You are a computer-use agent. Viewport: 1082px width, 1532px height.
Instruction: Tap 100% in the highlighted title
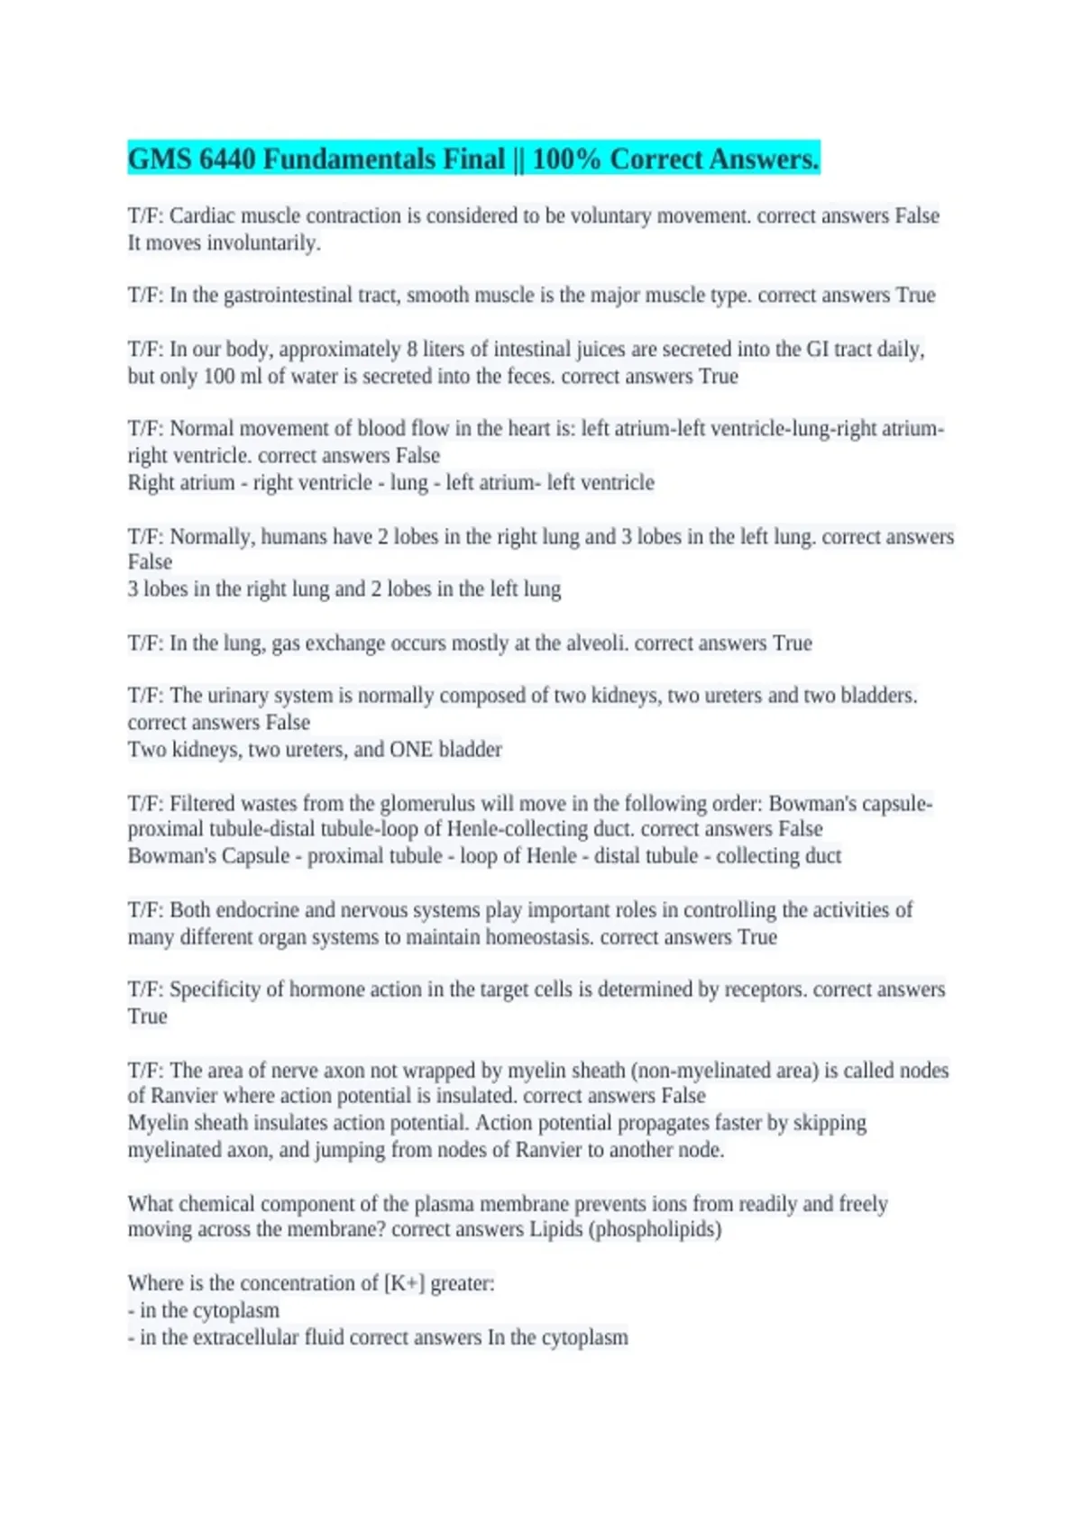coord(566,160)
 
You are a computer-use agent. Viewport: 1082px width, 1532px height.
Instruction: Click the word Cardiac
coord(197,216)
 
